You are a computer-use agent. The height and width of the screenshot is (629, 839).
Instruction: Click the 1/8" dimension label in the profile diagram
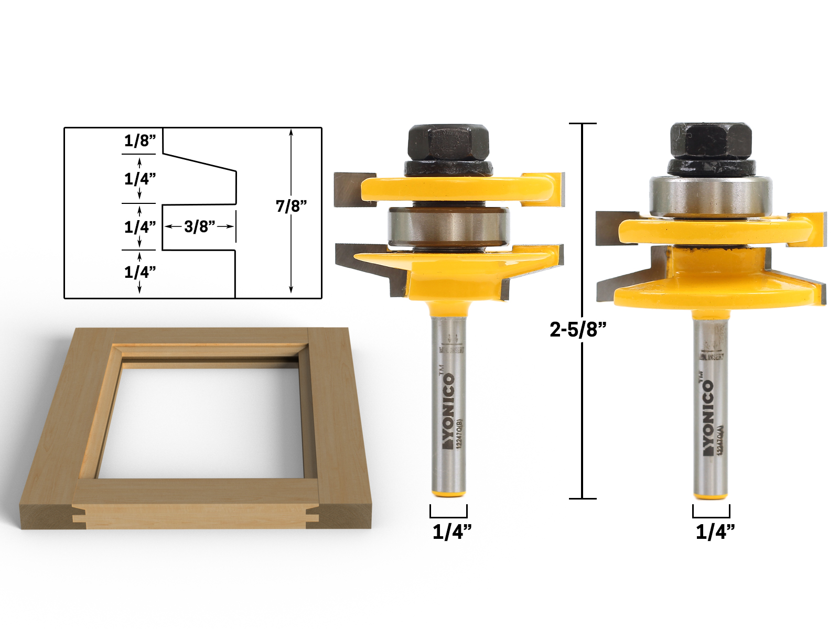139,140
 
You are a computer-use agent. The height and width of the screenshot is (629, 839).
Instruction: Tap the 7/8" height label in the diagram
291,206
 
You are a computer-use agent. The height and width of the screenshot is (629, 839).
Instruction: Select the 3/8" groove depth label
199,226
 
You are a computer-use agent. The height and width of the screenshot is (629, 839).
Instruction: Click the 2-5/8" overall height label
577,329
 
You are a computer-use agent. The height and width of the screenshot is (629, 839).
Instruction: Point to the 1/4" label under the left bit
451,532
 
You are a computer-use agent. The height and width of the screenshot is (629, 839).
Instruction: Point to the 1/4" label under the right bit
715,532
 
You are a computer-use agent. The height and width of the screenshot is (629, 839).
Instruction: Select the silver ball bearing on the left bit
448,226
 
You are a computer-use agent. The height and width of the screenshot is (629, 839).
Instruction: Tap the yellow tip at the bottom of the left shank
448,493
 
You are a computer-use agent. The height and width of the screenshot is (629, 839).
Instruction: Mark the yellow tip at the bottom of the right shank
711,496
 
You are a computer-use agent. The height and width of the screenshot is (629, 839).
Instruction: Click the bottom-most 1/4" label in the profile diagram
139,272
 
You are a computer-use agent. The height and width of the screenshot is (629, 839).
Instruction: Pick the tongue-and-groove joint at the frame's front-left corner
79,514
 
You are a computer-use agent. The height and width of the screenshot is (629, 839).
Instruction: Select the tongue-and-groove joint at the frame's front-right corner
313,514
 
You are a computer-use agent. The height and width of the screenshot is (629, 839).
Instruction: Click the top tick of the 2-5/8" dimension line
582,124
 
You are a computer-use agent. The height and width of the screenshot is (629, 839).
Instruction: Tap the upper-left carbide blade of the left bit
354,189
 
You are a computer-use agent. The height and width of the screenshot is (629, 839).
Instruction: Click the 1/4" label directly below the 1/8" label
139,179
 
